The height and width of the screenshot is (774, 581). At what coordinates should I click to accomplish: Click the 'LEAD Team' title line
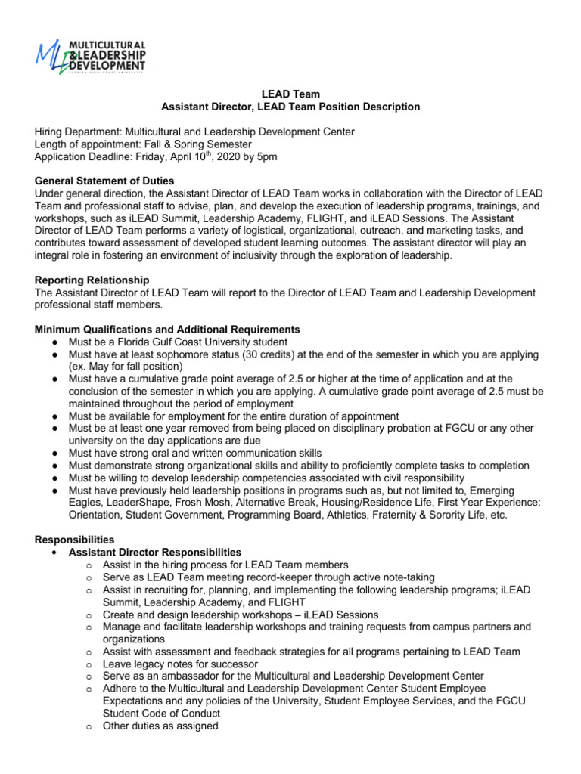coord(291,94)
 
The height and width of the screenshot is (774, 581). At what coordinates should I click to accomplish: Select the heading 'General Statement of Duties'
coord(104,181)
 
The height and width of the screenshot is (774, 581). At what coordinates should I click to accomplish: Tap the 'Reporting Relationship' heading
coord(92,280)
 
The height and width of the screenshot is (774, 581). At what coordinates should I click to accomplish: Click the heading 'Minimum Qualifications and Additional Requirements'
coord(167,330)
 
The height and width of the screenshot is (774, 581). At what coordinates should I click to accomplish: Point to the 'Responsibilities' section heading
coord(74,540)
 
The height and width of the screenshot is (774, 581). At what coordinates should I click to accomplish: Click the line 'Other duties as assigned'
coord(160,726)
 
